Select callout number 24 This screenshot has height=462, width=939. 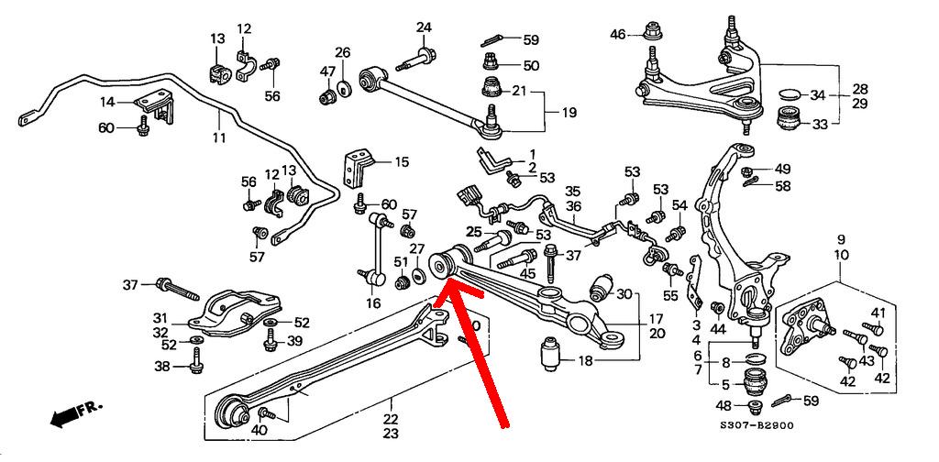point(424,27)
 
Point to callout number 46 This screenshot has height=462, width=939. point(618,35)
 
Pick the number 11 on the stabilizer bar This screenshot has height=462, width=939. point(218,138)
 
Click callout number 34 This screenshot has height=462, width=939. point(818,94)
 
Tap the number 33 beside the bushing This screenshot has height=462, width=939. point(818,124)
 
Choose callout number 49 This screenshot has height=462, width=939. point(781,169)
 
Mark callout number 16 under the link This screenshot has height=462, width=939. point(372,302)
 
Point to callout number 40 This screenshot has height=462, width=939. point(260,429)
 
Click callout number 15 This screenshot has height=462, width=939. point(402,162)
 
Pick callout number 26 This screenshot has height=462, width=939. point(342,52)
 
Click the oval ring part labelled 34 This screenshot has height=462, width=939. point(789,94)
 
